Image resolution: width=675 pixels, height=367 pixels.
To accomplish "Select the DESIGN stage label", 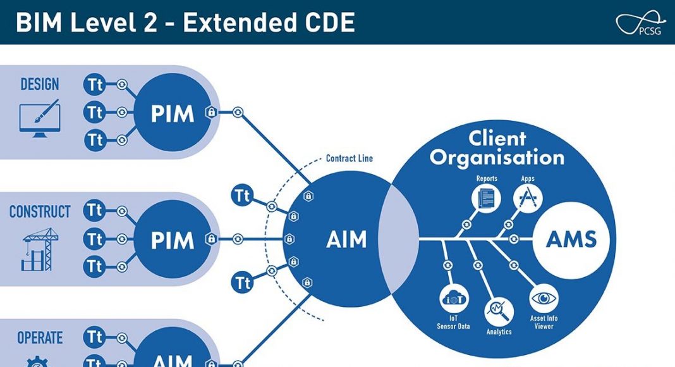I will point(40,84).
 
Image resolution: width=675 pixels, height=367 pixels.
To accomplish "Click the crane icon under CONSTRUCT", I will point(40,249).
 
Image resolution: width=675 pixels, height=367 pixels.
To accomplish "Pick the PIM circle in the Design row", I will point(172,113).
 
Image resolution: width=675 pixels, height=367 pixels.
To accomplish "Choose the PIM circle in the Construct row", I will point(172,240).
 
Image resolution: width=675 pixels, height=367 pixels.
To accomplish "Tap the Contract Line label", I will point(350,158).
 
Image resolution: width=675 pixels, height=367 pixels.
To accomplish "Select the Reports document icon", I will point(486,198).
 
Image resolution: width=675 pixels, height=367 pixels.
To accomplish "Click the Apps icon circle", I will point(528,198).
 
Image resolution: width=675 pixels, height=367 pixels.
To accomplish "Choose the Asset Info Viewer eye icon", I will point(544,298).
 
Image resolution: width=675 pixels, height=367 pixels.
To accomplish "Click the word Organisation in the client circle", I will point(497,157).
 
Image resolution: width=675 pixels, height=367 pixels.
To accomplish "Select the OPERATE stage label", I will point(40,338).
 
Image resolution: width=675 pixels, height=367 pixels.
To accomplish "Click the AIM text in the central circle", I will point(346,240).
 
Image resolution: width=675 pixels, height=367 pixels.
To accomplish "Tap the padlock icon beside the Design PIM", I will point(210,113).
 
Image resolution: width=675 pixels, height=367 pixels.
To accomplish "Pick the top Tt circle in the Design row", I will point(95,84).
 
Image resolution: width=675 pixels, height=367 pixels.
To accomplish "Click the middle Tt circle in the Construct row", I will point(95,240).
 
